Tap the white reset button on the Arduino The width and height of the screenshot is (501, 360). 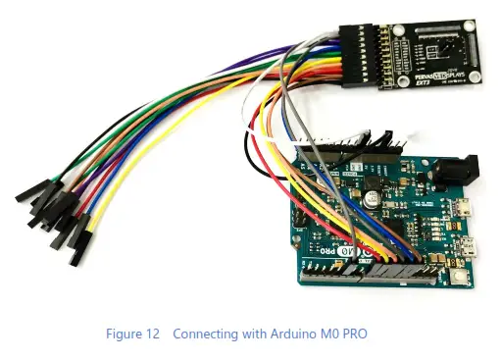[462, 281]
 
